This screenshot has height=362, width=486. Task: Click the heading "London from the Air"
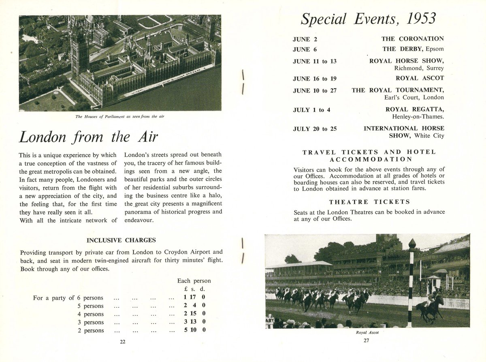pyautogui.click(x=88, y=137)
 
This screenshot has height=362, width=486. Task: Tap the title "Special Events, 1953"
pyautogui.click(x=368, y=19)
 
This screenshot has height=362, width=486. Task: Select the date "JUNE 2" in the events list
pyautogui.click(x=302, y=39)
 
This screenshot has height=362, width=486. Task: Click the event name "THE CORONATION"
pyautogui.click(x=412, y=39)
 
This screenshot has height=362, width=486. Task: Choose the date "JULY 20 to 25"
pyautogui.click(x=315, y=129)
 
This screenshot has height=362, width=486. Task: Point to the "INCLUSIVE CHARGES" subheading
pyautogui.click(x=121, y=240)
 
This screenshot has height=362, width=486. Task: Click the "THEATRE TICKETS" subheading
pyautogui.click(x=369, y=202)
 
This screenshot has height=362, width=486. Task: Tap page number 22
pyautogui.click(x=122, y=342)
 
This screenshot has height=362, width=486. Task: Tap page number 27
pyautogui.click(x=367, y=341)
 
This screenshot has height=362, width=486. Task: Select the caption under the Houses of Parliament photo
pyautogui.click(x=120, y=117)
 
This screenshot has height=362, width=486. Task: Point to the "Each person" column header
pyautogui.click(x=194, y=281)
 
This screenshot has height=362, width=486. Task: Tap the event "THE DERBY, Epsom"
pyautogui.click(x=413, y=49)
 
